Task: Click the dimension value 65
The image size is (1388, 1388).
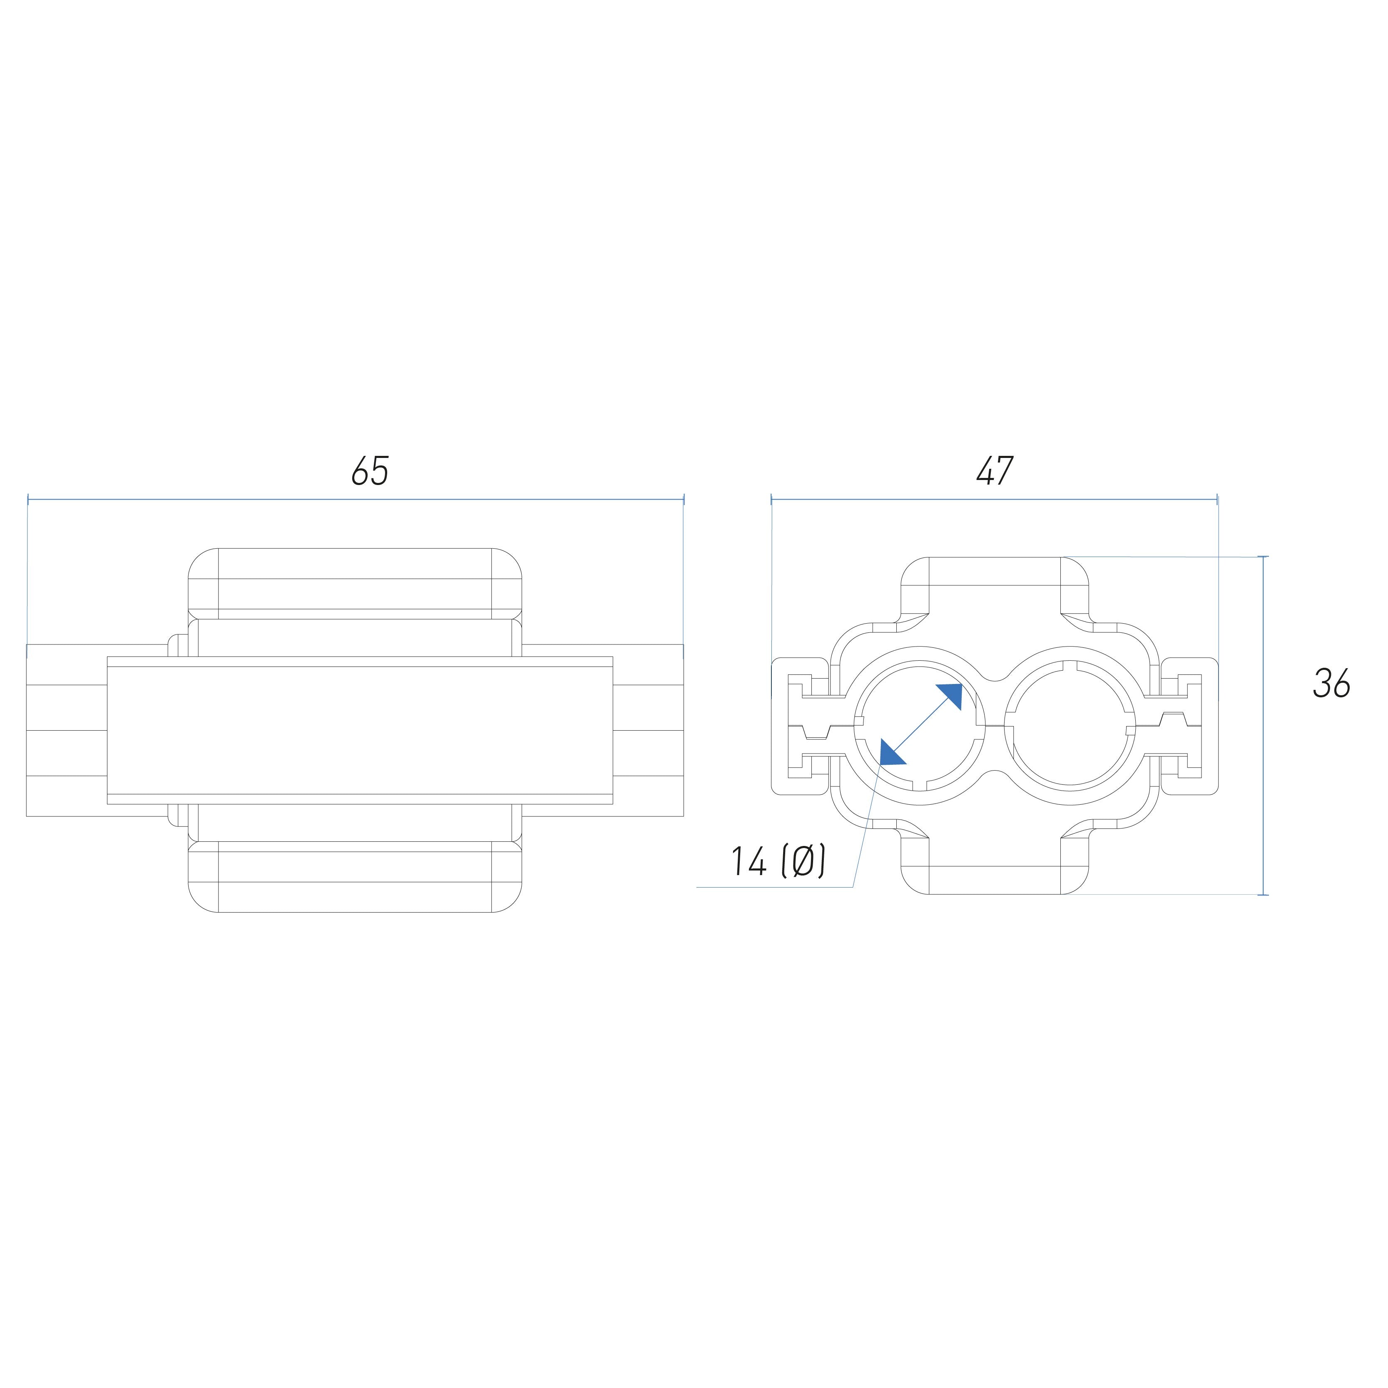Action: [370, 471]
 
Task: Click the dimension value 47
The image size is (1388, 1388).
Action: [995, 471]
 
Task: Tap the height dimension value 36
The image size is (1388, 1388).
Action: [1331, 683]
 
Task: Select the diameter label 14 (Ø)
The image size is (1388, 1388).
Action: [778, 861]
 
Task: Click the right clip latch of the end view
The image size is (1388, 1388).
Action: [1189, 726]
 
